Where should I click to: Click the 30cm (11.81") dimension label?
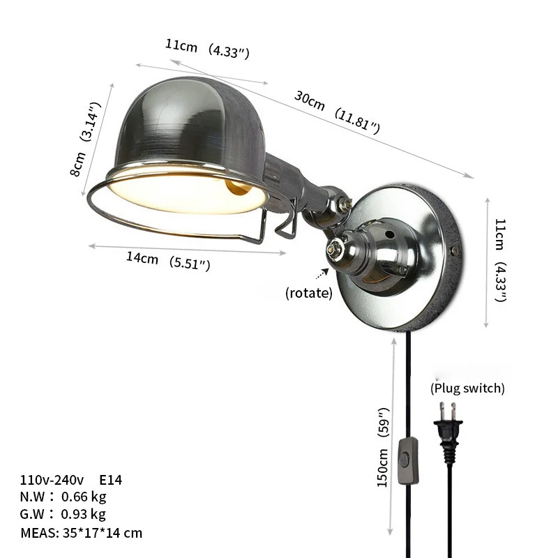pos(337,112)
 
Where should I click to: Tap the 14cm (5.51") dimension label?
pos(168,261)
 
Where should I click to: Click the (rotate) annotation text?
pos(308,293)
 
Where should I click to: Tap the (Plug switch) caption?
pos(467,388)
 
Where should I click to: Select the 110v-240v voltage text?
pos(52,480)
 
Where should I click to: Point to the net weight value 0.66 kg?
pos(84,497)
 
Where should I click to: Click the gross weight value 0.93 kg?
pos(84,515)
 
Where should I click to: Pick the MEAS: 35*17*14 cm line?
pos(82,533)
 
